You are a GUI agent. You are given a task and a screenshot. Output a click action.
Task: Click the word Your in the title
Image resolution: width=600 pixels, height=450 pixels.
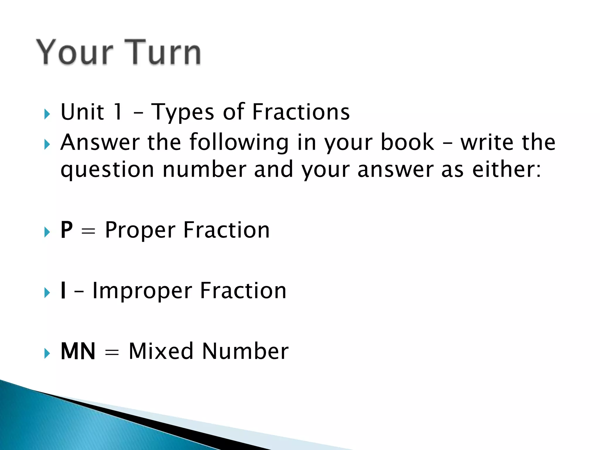pyautogui.click(x=75, y=52)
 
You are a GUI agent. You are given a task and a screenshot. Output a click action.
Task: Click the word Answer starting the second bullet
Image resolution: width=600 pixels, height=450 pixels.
pyautogui.click(x=100, y=142)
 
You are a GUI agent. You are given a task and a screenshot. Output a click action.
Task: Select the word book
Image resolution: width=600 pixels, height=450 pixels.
pyautogui.click(x=407, y=142)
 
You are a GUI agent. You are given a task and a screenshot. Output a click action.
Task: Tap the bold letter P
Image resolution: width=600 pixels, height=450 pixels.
pyautogui.click(x=67, y=230)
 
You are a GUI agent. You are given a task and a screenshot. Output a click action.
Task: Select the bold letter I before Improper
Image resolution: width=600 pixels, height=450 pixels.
pyautogui.click(x=63, y=291)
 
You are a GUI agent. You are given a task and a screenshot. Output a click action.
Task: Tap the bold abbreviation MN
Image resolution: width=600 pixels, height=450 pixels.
pyautogui.click(x=78, y=351)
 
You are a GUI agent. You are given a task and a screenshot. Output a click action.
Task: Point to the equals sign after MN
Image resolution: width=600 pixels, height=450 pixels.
pyautogui.click(x=112, y=352)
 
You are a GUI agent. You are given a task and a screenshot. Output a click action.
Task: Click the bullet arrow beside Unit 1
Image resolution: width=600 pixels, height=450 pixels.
pyautogui.click(x=47, y=114)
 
